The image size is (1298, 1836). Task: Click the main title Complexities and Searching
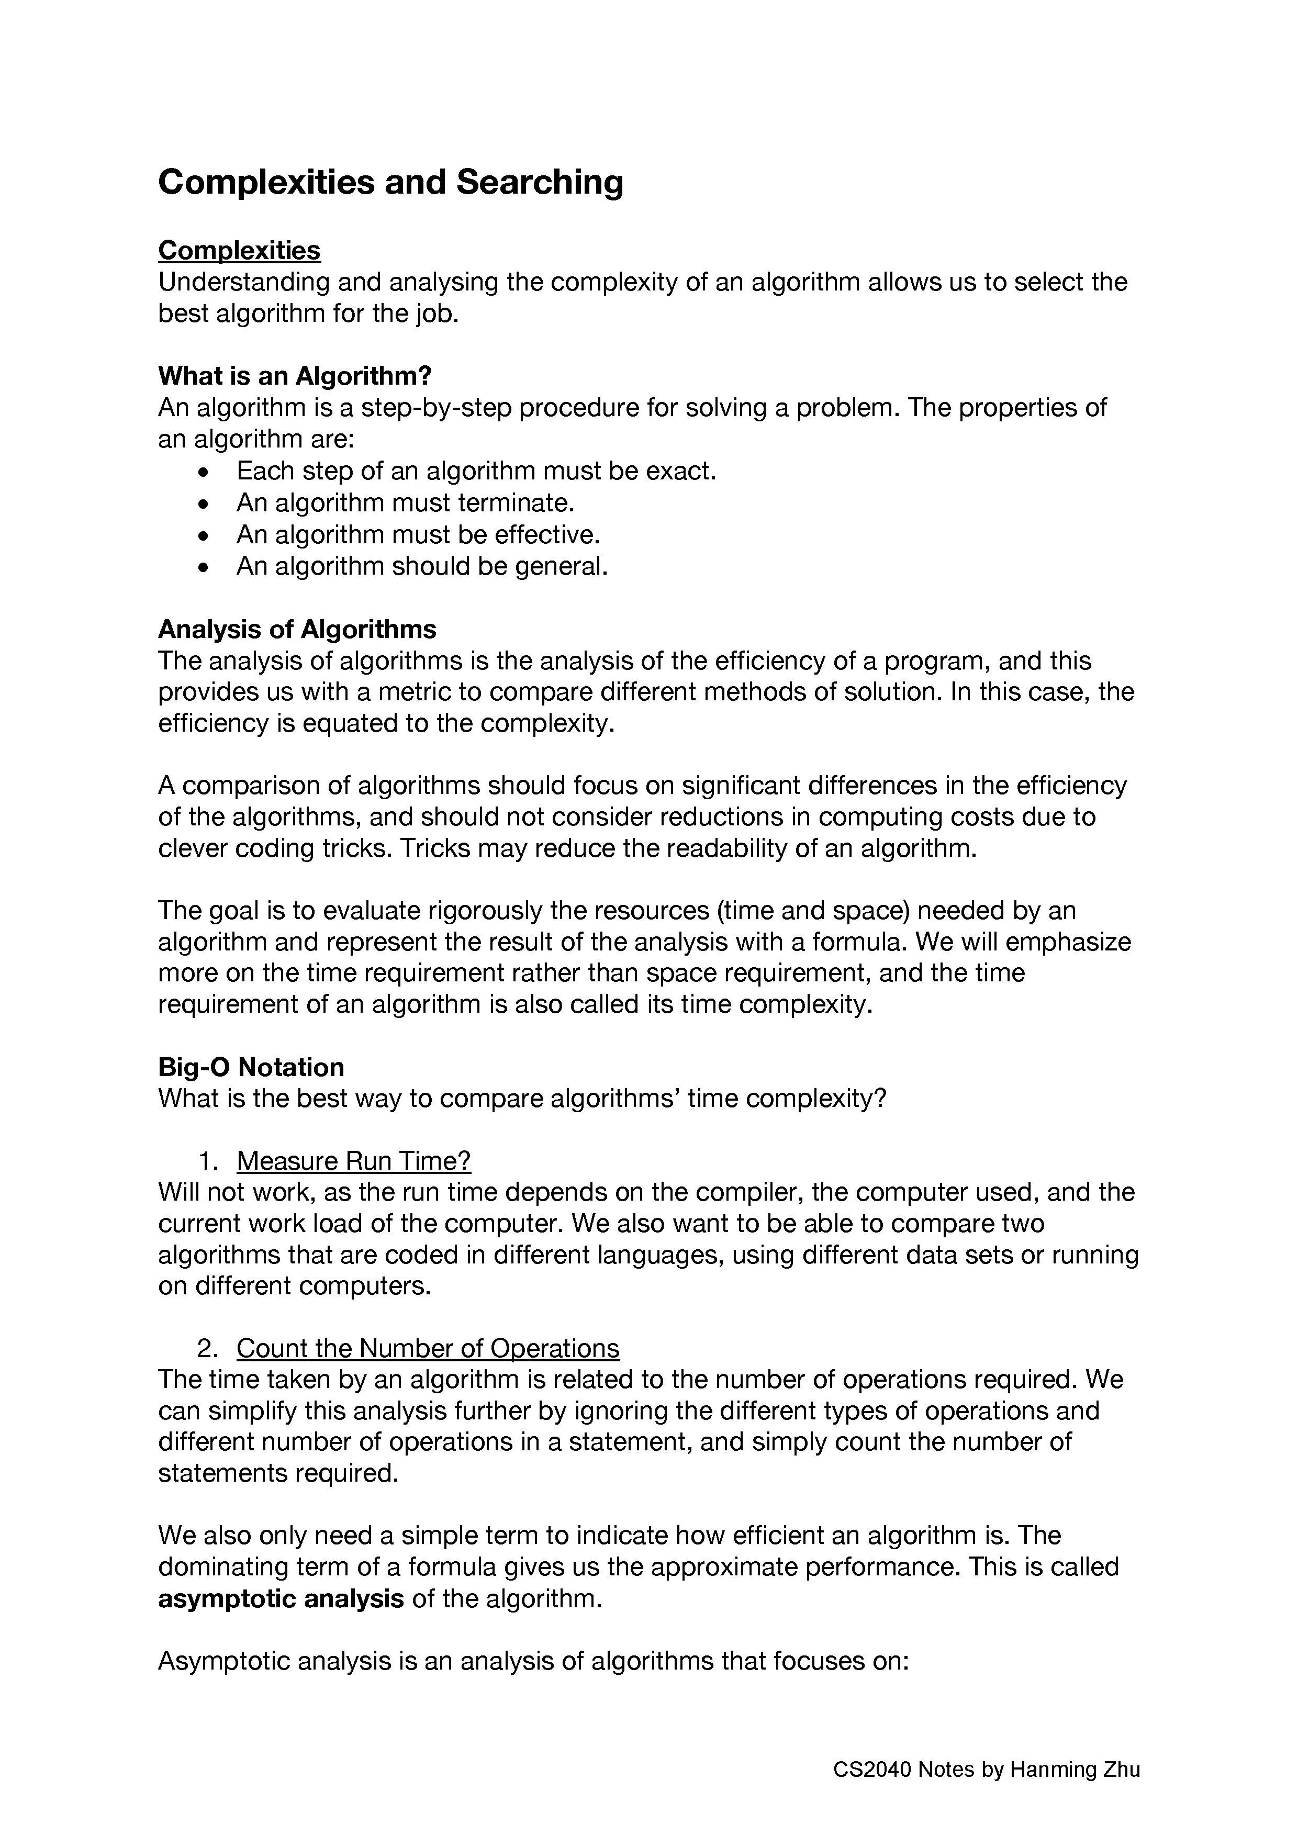[390, 182]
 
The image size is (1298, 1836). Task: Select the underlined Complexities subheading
[239, 250]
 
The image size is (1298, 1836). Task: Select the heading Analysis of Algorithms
[297, 629]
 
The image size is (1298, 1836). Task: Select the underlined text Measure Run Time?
[353, 1160]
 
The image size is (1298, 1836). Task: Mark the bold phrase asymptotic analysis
[281, 1598]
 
